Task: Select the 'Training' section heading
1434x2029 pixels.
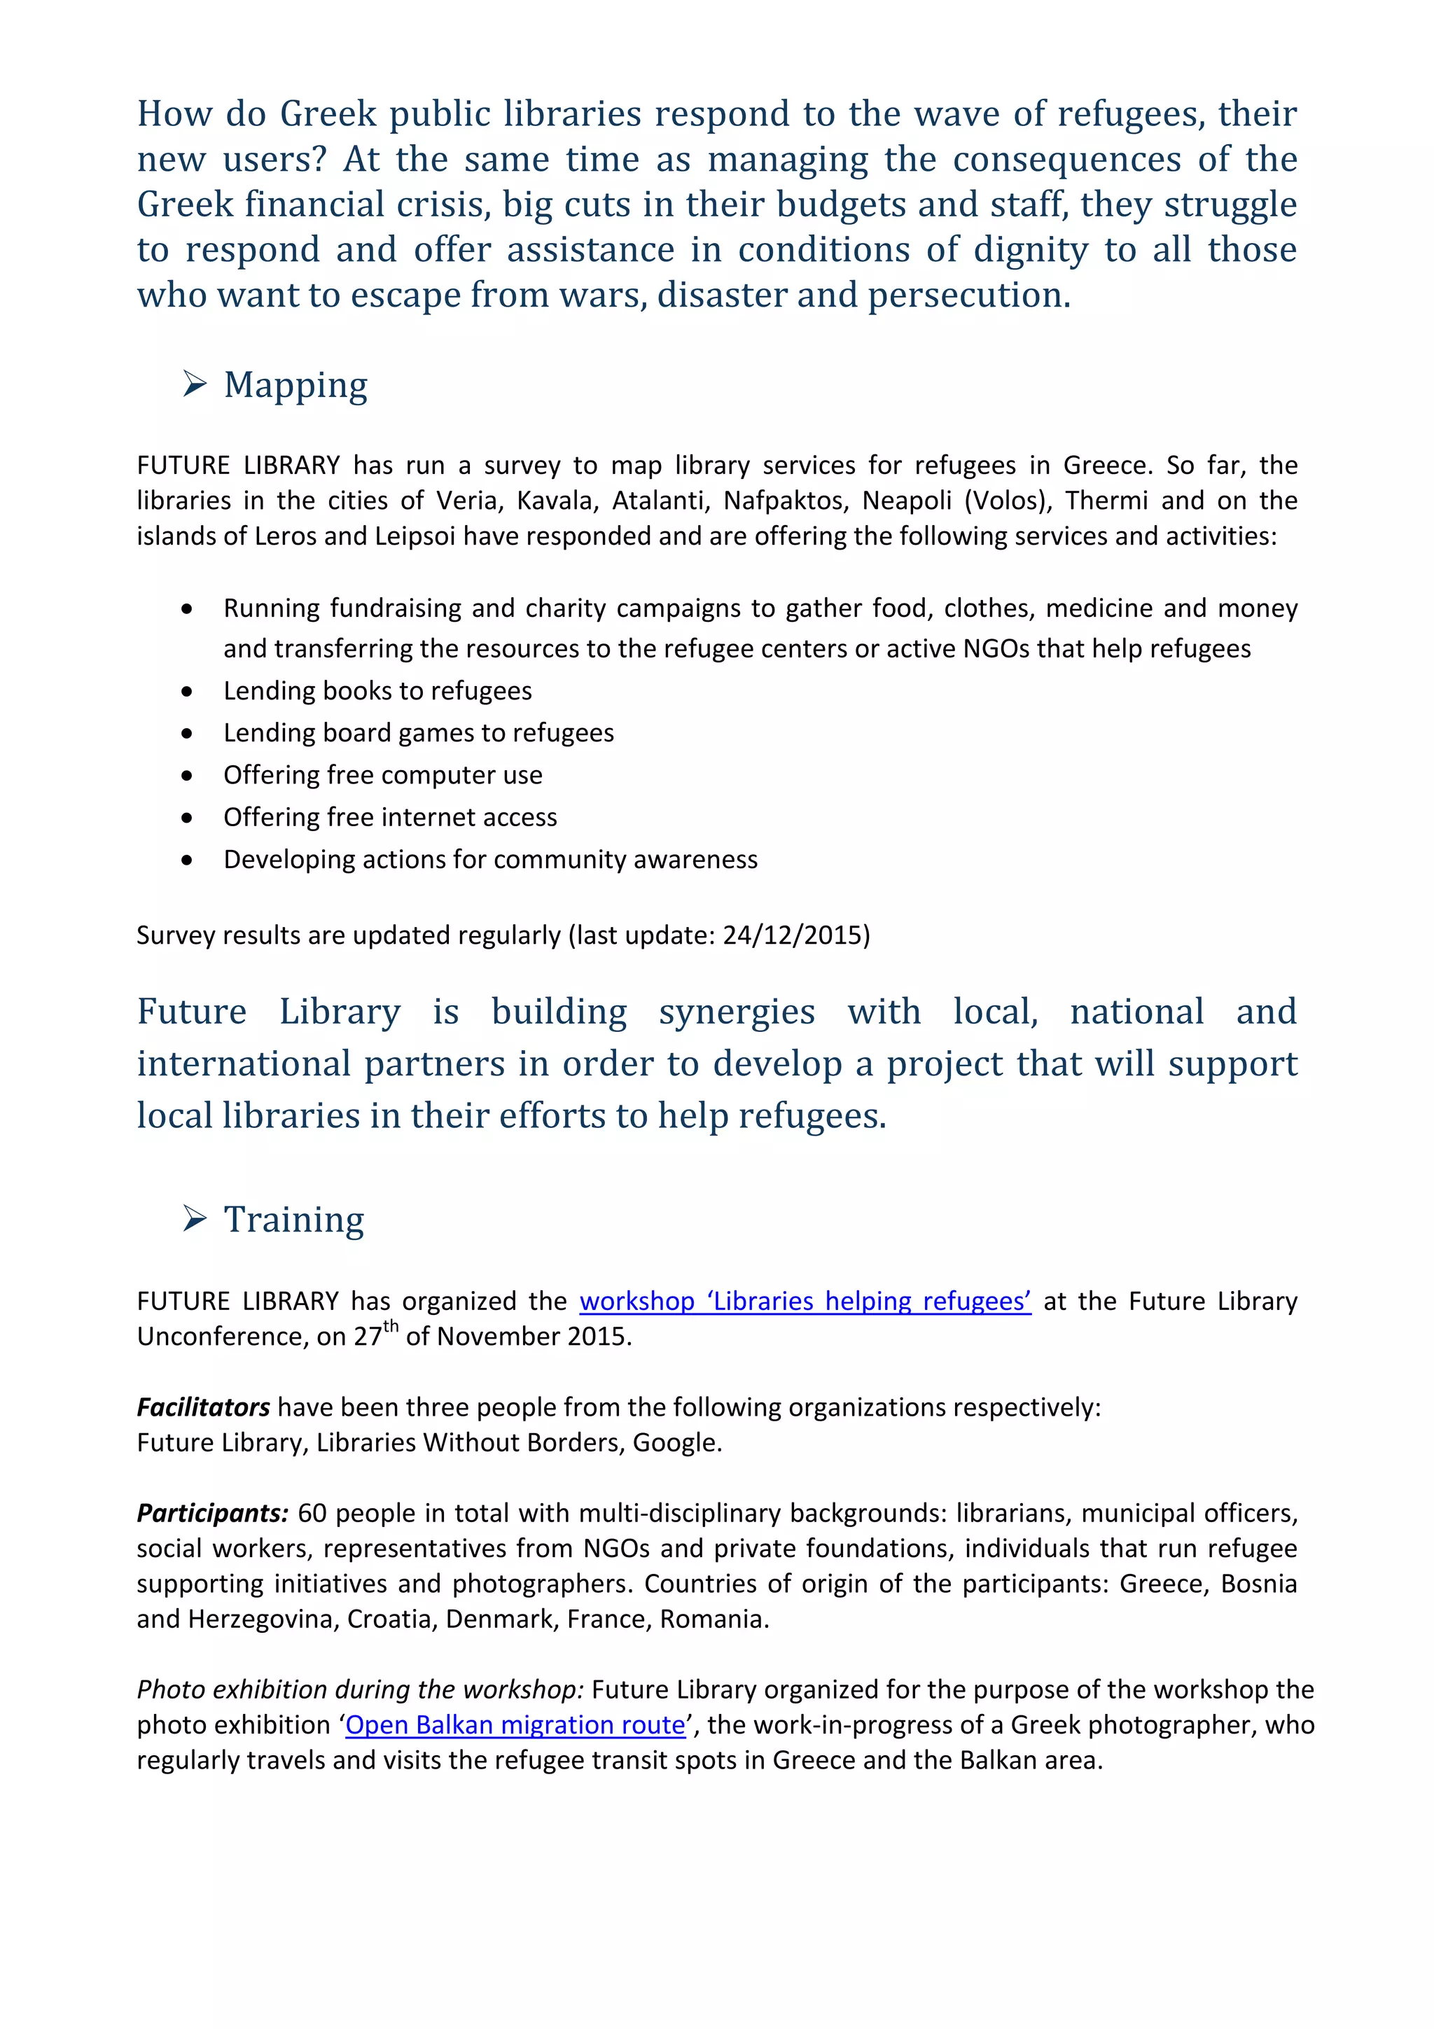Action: point(293,1220)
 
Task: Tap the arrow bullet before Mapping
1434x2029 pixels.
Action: point(195,384)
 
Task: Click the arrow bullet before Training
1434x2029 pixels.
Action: point(195,1220)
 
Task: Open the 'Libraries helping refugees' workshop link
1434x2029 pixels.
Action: point(805,1301)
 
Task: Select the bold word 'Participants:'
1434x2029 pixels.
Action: point(213,1513)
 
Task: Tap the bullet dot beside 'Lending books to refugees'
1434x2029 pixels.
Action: point(186,691)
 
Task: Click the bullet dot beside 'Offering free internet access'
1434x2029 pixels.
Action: point(186,818)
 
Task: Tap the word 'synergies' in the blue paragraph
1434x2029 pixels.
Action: point(736,1012)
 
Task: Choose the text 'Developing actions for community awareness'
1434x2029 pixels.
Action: point(490,860)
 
